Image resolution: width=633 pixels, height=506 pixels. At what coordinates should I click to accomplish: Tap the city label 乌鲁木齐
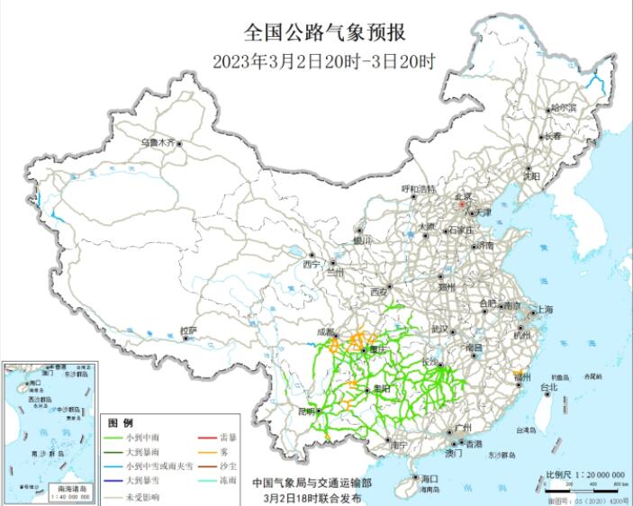158,142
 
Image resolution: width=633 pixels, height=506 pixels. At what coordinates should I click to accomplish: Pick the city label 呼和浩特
417,189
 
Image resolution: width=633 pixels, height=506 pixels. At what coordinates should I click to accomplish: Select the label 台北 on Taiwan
548,387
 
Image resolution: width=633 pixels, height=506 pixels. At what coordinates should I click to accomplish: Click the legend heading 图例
121,422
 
